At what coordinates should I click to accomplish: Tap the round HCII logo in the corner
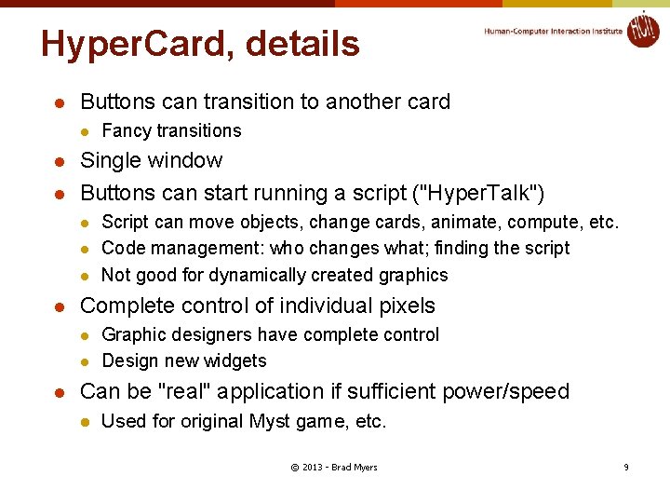point(642,29)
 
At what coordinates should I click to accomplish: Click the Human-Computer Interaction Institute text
point(553,31)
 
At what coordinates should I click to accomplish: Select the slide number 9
point(625,467)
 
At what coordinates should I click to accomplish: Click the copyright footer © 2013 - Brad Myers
point(333,467)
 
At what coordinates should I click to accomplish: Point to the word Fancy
point(126,131)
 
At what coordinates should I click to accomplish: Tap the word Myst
point(270,421)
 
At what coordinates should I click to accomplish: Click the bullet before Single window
point(59,162)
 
